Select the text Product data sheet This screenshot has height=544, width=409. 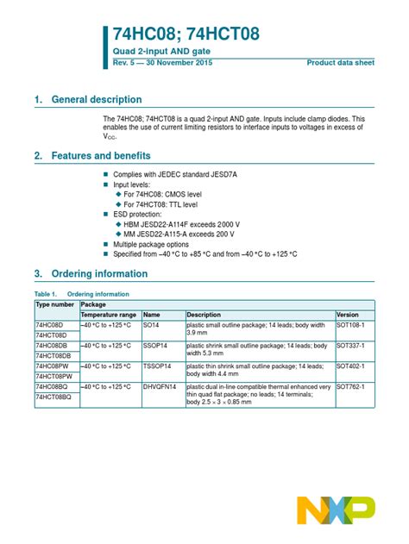[340, 64]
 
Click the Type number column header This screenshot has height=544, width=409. [55, 305]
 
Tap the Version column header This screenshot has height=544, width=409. [348, 316]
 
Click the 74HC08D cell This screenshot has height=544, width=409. [50, 326]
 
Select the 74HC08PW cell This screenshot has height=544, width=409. [52, 366]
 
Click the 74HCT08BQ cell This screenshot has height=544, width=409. [53, 397]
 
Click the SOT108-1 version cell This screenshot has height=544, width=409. [351, 326]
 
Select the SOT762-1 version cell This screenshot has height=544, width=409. [351, 387]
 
